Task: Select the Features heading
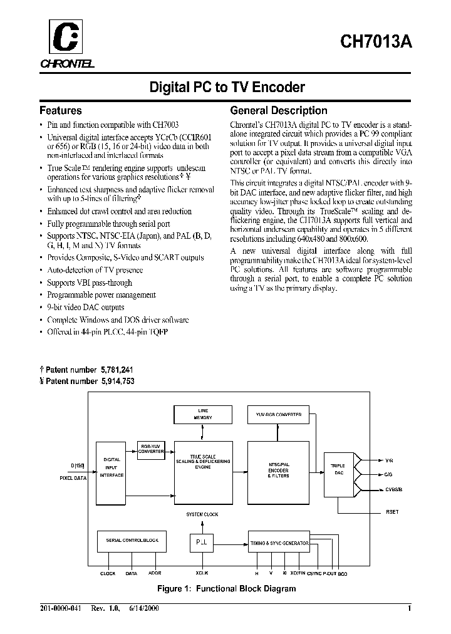point(60,110)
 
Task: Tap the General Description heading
point(279,110)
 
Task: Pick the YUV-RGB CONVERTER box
point(279,414)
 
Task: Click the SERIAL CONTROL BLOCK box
point(132,540)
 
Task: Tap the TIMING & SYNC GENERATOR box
point(279,543)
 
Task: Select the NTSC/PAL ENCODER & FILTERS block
point(278,470)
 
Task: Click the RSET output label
point(391,512)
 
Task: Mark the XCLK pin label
point(202,573)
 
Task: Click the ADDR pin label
point(154,573)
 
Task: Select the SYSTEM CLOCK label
point(202,514)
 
